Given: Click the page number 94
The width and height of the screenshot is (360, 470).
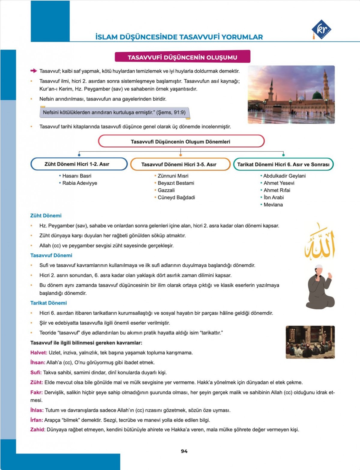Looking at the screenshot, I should (x=184, y=451).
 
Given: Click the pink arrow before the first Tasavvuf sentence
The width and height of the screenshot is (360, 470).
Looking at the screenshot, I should (x=34, y=71).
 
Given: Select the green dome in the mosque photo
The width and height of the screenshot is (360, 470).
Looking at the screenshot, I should (x=317, y=96).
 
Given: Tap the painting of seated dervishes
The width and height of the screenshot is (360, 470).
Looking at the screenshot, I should (x=310, y=342).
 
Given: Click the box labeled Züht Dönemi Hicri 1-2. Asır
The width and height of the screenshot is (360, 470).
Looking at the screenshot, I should (x=79, y=164).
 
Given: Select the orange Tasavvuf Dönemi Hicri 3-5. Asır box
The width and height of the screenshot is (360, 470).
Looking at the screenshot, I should (x=180, y=164).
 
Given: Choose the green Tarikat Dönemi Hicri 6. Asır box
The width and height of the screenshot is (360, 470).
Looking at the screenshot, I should (x=283, y=164).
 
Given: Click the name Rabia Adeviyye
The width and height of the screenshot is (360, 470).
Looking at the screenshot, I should (x=79, y=183).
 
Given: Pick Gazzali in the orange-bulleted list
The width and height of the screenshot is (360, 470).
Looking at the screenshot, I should (x=166, y=190).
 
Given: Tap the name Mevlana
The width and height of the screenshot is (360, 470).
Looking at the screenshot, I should (x=273, y=205).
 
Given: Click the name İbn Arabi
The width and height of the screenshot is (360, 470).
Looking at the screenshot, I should (x=274, y=197).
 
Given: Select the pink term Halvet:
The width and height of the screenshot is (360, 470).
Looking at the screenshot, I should (x=39, y=353).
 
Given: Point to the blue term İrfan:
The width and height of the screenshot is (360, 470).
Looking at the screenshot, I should (x=37, y=420).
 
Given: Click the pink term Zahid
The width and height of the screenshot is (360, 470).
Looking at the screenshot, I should (x=37, y=429).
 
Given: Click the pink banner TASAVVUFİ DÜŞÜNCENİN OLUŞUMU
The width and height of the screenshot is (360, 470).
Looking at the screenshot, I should (x=182, y=57).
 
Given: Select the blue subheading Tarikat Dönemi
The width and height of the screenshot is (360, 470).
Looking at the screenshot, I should (x=49, y=303).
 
